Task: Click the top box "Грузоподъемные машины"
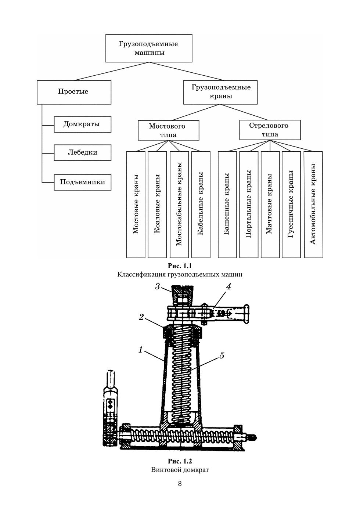[x=148, y=48]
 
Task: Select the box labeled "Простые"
[x=73, y=92]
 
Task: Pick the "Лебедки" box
[x=82, y=152]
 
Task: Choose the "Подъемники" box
[x=82, y=182]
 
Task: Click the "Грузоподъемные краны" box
[x=221, y=92]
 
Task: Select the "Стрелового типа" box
[x=270, y=130]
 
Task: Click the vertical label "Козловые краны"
[x=157, y=204]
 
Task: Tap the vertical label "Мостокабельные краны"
[x=179, y=204]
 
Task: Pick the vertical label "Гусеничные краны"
[x=291, y=204]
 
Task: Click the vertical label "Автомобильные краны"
[x=313, y=204]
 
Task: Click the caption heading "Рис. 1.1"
[x=180, y=266]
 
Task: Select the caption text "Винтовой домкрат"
[x=180, y=470]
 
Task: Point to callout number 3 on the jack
[x=157, y=286]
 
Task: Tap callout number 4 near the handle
[x=228, y=287]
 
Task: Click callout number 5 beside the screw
[x=222, y=355]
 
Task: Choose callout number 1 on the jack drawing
[x=140, y=350]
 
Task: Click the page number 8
[x=180, y=483]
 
